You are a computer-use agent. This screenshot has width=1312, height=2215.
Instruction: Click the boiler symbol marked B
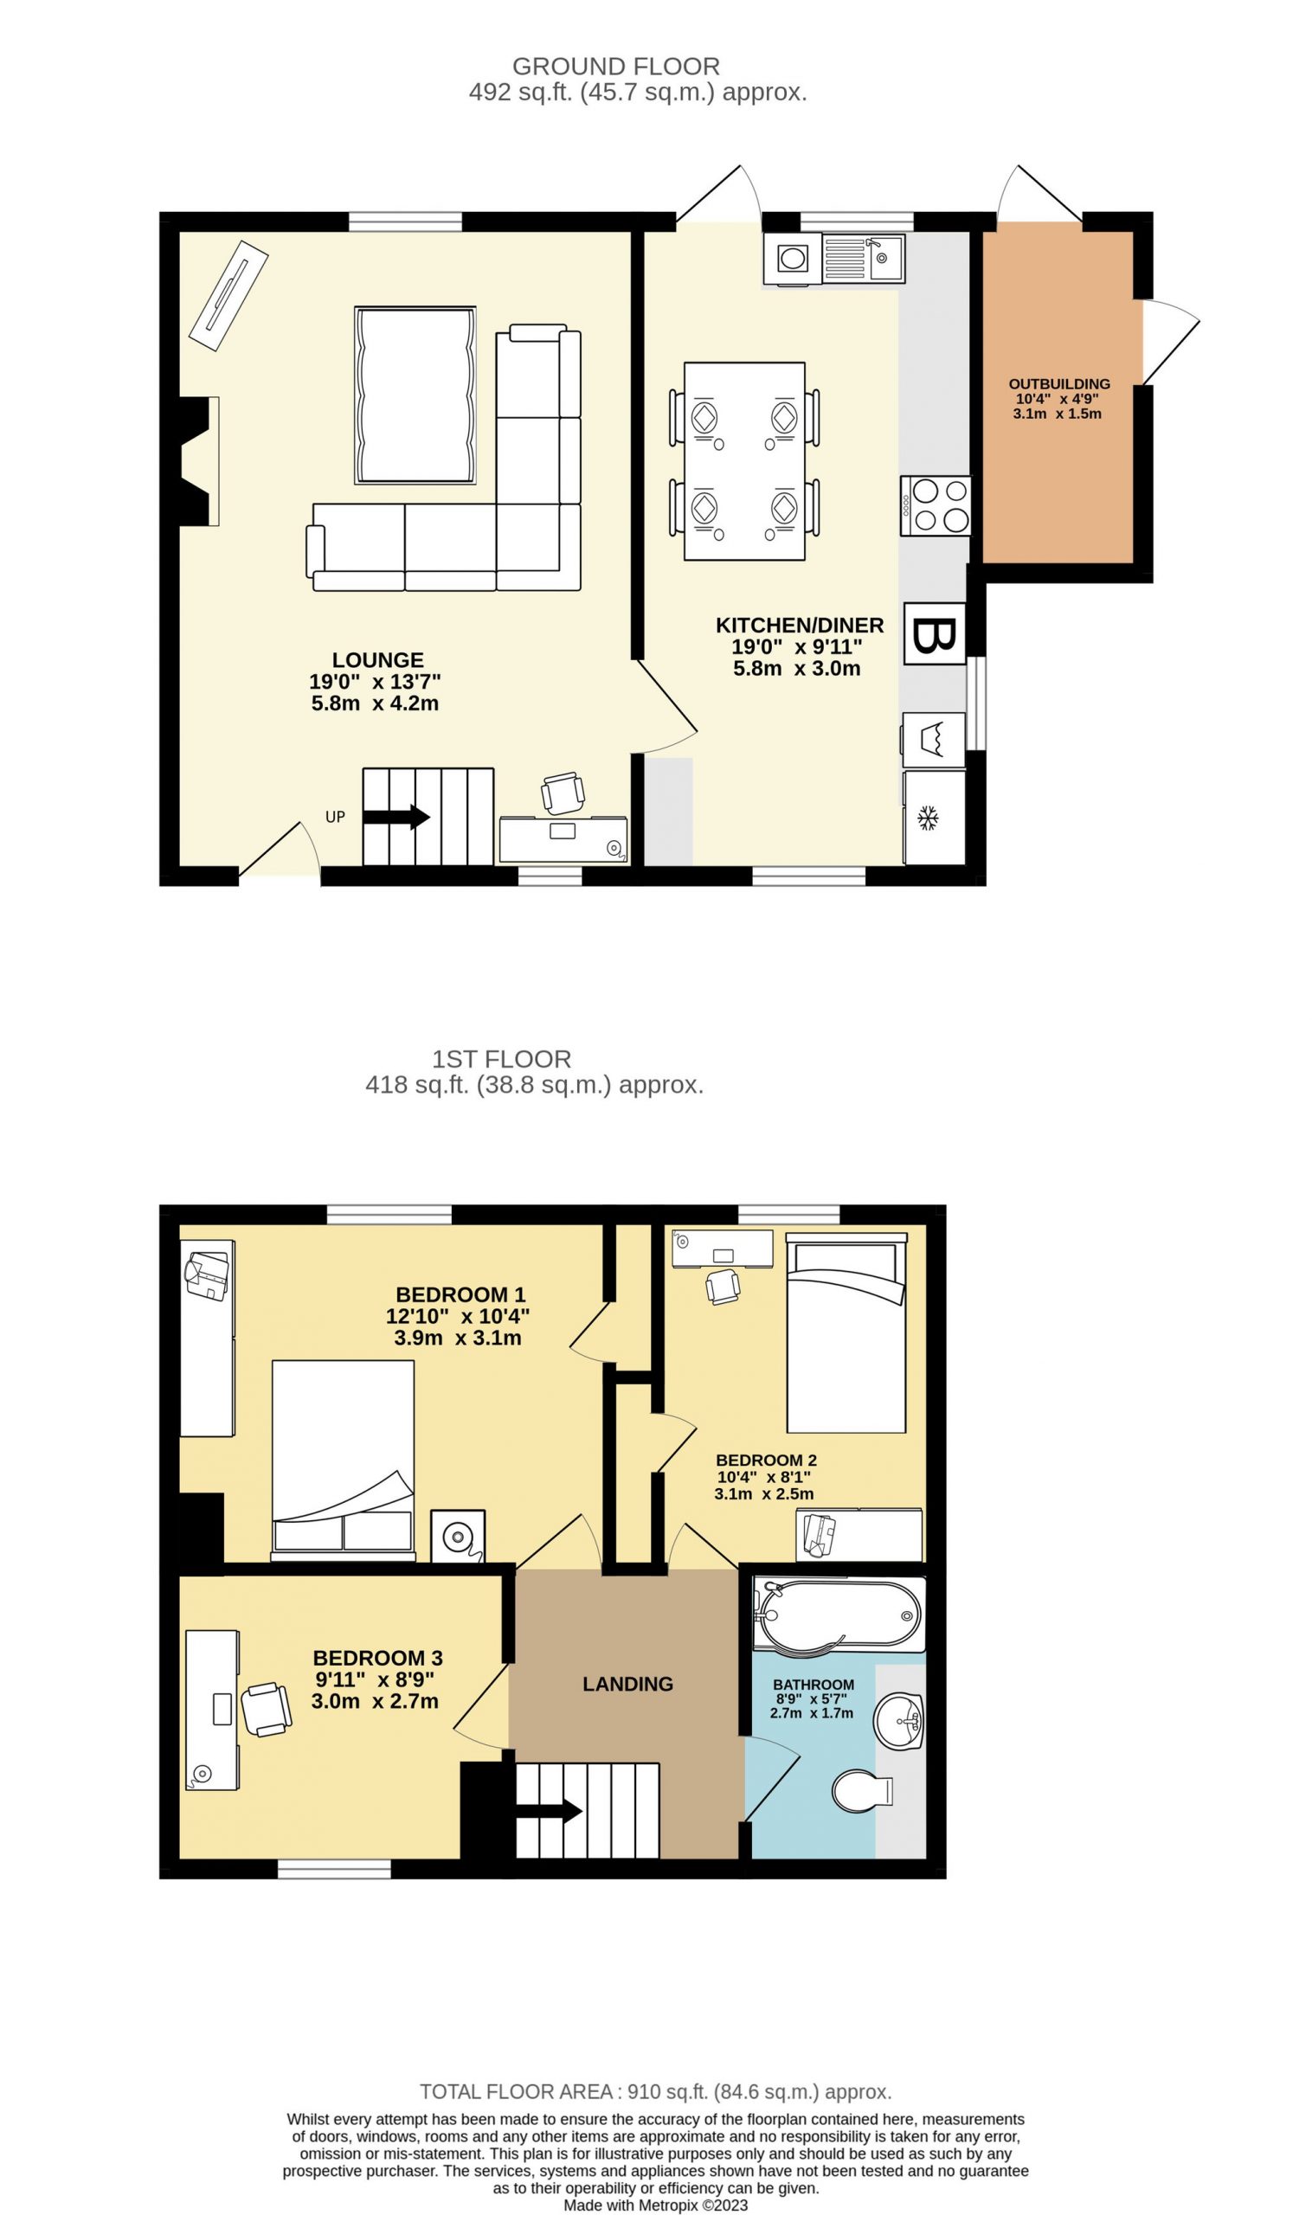click(x=934, y=632)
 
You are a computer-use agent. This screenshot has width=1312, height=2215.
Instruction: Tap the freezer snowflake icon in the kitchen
click(x=927, y=818)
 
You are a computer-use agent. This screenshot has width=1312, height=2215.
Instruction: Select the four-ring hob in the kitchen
click(x=936, y=505)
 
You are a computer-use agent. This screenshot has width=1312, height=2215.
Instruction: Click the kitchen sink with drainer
click(x=863, y=258)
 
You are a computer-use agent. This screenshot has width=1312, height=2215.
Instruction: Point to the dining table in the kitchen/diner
click(x=744, y=460)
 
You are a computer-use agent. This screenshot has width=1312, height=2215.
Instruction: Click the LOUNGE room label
click(x=377, y=659)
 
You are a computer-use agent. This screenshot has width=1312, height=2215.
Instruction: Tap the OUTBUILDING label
click(x=1059, y=383)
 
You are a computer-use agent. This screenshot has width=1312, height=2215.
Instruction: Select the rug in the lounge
click(x=415, y=395)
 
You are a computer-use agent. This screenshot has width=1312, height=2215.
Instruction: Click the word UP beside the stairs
click(x=335, y=817)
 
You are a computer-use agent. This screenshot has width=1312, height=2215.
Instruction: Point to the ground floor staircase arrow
click(x=396, y=817)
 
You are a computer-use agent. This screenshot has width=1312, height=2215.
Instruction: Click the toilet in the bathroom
click(x=863, y=1791)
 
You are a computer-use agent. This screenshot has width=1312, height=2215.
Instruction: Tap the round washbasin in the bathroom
click(x=898, y=1721)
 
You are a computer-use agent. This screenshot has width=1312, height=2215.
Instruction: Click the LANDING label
click(x=627, y=1684)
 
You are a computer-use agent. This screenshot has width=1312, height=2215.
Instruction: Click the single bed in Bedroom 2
click(x=846, y=1332)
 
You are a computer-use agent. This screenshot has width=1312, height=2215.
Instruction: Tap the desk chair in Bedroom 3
click(x=266, y=1710)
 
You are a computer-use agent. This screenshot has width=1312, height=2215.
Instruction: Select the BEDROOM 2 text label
click(x=766, y=1461)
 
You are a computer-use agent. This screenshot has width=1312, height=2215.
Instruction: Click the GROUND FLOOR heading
click(x=616, y=67)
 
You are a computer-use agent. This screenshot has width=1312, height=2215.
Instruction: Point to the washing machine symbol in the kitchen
click(x=934, y=740)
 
